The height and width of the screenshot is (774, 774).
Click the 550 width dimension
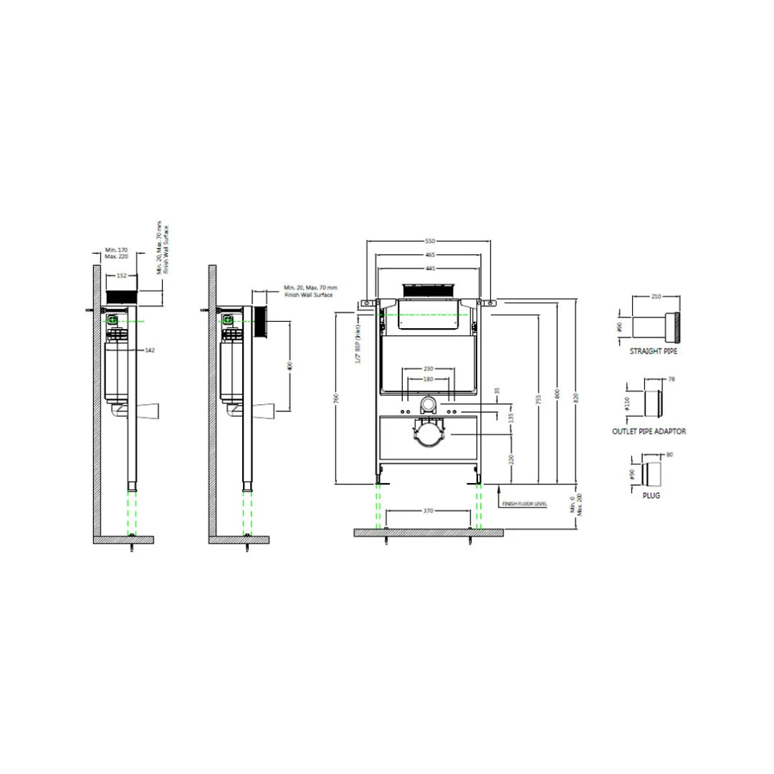[x=430, y=241]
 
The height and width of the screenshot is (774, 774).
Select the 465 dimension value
[x=430, y=254]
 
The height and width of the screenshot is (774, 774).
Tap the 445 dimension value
[x=429, y=268]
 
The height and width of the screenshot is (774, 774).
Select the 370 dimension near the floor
[x=429, y=510]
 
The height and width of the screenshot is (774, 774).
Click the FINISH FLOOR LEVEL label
[x=525, y=504]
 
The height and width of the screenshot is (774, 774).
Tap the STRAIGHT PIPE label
[x=653, y=352]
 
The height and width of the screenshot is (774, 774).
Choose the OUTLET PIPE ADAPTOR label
[x=649, y=431]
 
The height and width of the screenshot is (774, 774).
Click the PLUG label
[x=652, y=495]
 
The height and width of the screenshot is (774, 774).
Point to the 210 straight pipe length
[x=656, y=296]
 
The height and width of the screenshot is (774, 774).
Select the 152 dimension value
[x=121, y=276]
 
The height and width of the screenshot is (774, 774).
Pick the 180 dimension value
[x=429, y=379]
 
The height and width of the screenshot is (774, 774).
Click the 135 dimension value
[x=510, y=417]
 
